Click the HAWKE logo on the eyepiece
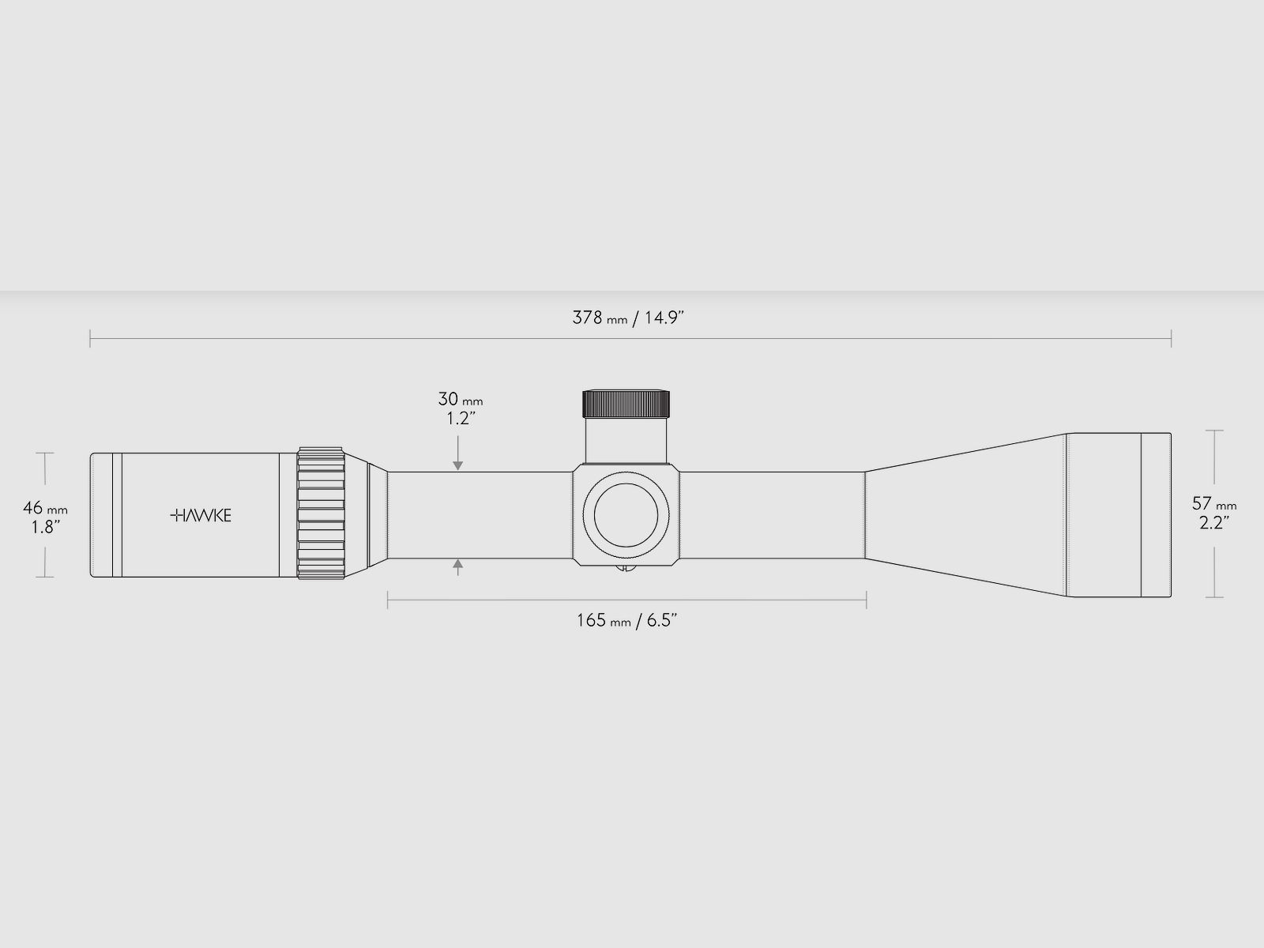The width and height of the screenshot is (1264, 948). click(x=201, y=515)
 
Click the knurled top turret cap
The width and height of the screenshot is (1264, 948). click(x=626, y=404)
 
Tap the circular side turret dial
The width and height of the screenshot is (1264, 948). click(x=626, y=515)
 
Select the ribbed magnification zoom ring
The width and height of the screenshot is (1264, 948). click(x=322, y=515)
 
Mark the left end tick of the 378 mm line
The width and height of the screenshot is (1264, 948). click(x=90, y=340)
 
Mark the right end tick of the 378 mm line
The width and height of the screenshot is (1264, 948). click(x=1171, y=340)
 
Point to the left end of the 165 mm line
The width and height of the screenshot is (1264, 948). click(x=388, y=600)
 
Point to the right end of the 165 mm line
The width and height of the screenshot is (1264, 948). click(x=867, y=600)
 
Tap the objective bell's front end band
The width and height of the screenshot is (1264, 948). click(x=1156, y=515)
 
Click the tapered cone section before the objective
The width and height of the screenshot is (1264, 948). click(x=964, y=515)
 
